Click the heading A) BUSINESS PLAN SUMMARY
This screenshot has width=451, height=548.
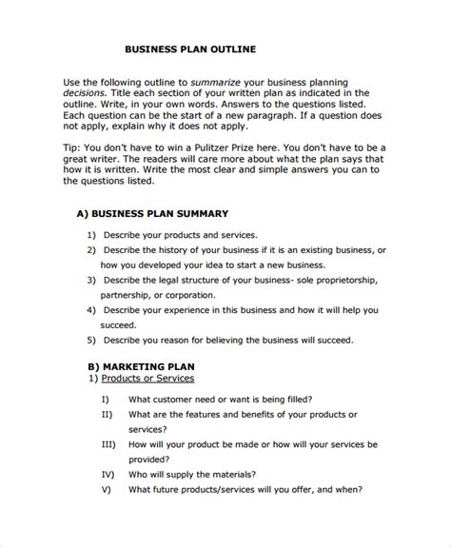click(x=151, y=214)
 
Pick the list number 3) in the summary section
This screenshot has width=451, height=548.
click(x=91, y=281)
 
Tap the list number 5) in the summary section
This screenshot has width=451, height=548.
click(x=91, y=340)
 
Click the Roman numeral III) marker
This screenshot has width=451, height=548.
click(x=108, y=444)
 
